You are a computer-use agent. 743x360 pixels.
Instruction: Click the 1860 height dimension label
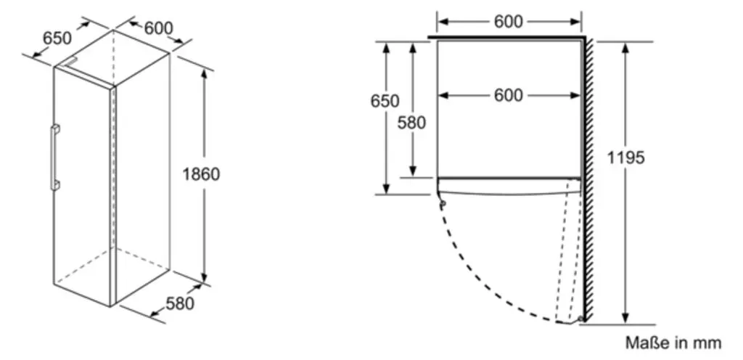[x=202, y=174]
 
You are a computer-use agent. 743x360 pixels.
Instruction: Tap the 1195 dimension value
[x=626, y=157]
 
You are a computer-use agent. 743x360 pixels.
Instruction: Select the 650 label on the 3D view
[x=57, y=38]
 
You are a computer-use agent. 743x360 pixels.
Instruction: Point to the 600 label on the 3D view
[x=159, y=28]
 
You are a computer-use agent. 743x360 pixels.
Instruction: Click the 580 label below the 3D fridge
[x=180, y=303]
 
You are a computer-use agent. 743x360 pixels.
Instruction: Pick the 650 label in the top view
[x=385, y=101]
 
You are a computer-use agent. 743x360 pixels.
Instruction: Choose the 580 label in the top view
[x=411, y=123]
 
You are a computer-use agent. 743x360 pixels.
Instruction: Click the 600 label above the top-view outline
[x=509, y=21]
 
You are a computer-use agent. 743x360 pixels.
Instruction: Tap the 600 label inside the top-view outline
[x=509, y=95]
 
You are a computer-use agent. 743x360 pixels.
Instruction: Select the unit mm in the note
[x=709, y=343]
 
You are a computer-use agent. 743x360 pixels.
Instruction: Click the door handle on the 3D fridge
[x=55, y=157]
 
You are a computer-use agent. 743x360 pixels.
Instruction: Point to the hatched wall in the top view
[x=589, y=180]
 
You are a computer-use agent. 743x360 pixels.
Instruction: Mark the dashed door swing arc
[x=479, y=279]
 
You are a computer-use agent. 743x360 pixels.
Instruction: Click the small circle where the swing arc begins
[x=443, y=204]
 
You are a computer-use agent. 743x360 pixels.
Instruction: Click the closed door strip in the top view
[x=509, y=186]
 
